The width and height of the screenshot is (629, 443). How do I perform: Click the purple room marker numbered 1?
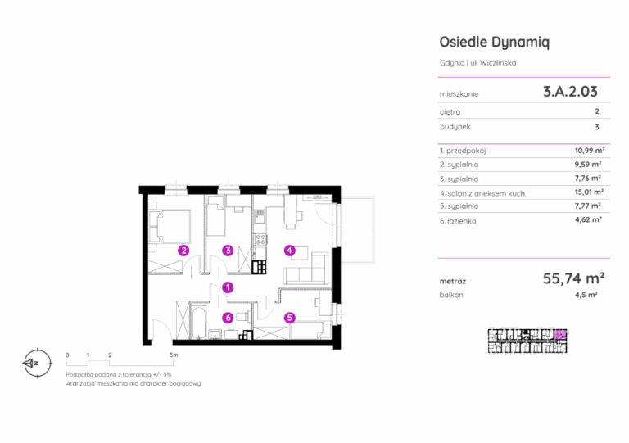(228, 287)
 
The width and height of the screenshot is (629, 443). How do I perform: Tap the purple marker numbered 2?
(183, 251)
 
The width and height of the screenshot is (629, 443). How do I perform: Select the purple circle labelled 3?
(228, 251)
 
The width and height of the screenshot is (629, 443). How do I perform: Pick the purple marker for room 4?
(289, 251)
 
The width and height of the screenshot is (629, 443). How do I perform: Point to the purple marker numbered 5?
(289, 318)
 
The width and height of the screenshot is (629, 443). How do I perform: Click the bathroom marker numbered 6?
(228, 318)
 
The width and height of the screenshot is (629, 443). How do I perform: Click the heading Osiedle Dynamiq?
(494, 42)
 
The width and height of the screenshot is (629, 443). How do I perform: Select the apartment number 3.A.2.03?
(570, 92)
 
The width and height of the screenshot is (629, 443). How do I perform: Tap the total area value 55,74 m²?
(573, 278)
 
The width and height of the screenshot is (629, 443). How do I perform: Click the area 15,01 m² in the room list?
(589, 192)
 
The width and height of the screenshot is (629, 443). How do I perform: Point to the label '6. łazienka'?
(458, 221)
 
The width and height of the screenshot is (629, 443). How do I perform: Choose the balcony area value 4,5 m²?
(586, 295)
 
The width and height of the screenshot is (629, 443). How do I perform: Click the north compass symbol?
(37, 364)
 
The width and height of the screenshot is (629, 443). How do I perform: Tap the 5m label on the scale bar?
(174, 355)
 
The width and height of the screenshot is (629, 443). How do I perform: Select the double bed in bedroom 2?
(170, 228)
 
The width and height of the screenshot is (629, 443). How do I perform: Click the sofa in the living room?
(307, 269)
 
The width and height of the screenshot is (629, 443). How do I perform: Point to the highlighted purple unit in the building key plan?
(560, 334)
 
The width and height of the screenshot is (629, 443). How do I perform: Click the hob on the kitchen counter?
(260, 240)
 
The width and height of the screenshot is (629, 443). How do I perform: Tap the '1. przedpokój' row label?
(463, 151)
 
